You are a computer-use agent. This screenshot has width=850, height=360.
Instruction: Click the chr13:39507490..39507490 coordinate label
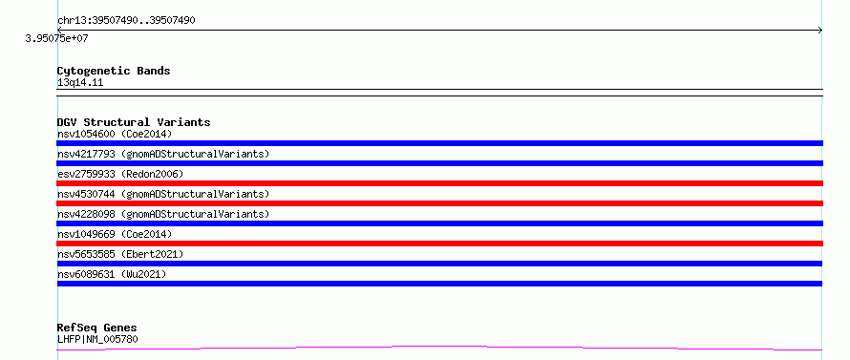pyautogui.click(x=126, y=21)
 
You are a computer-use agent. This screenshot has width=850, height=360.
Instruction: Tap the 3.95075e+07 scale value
pyautogui.click(x=56, y=39)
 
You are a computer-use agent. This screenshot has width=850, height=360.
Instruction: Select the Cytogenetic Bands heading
pyautogui.click(x=114, y=71)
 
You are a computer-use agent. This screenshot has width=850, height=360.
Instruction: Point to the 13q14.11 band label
pyautogui.click(x=80, y=83)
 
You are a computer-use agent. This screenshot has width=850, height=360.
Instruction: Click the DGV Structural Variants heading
pyautogui.click(x=134, y=122)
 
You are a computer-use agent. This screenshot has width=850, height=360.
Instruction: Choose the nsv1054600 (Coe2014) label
pyautogui.click(x=115, y=134)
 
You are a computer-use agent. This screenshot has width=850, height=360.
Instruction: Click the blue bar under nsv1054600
pyautogui.click(x=439, y=143)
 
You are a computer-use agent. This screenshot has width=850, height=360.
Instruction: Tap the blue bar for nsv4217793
pyautogui.click(x=439, y=163)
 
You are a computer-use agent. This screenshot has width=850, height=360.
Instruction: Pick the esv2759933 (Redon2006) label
pyautogui.click(x=120, y=174)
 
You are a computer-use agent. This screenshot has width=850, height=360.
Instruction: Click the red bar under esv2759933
pyautogui.click(x=439, y=183)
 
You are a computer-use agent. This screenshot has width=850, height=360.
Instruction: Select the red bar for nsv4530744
pyautogui.click(x=439, y=203)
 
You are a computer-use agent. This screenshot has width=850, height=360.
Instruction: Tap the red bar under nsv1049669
pyautogui.click(x=439, y=244)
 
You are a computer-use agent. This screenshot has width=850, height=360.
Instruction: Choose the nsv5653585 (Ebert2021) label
pyautogui.click(x=120, y=254)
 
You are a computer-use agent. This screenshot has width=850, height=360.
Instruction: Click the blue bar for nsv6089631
pyautogui.click(x=439, y=284)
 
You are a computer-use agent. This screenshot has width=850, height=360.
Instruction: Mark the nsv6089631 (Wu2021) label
pyautogui.click(x=112, y=274)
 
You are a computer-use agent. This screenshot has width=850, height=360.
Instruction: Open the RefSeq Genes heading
pyautogui.click(x=97, y=328)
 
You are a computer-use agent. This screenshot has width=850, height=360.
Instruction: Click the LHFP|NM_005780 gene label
pyautogui.click(x=97, y=340)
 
